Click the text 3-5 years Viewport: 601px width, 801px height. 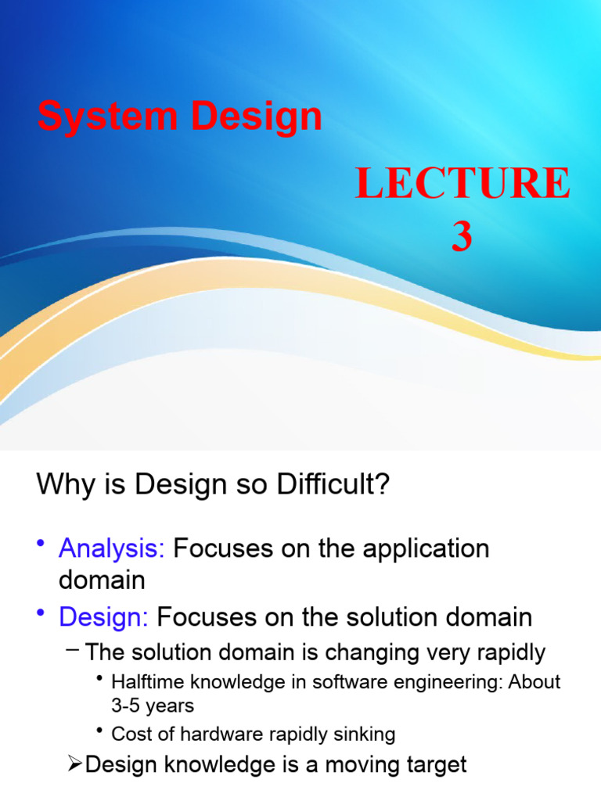(x=153, y=705)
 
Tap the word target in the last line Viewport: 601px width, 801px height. (x=434, y=764)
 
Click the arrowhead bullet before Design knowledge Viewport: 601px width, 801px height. (x=76, y=764)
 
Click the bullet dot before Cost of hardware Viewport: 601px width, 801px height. (x=99, y=731)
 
